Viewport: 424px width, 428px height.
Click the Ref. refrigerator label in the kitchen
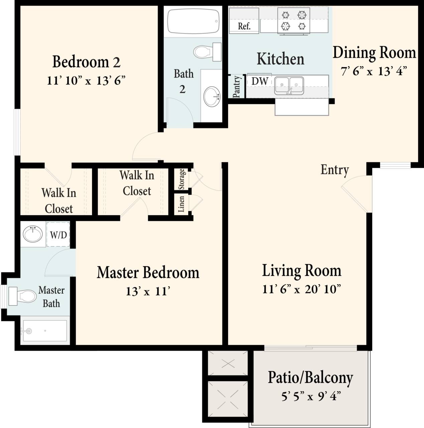244,26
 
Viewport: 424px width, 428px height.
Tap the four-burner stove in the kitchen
294,21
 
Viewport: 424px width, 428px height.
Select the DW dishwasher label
260,81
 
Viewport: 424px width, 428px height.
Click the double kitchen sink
289,86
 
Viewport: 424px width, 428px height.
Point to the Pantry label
237,87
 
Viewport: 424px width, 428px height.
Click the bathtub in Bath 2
193,21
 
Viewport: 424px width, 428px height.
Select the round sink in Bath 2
212,96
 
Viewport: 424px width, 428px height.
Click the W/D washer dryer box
58,235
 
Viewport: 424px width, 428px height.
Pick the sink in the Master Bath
33,233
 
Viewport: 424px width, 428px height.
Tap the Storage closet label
182,179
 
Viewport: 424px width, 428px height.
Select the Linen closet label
182,204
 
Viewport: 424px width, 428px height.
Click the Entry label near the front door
334,170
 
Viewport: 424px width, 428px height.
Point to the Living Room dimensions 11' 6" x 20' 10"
301,289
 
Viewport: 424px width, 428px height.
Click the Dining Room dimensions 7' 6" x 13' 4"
374,71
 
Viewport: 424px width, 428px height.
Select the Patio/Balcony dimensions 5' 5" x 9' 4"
310,397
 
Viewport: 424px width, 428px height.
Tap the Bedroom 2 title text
86,62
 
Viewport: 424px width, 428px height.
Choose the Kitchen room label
280,59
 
